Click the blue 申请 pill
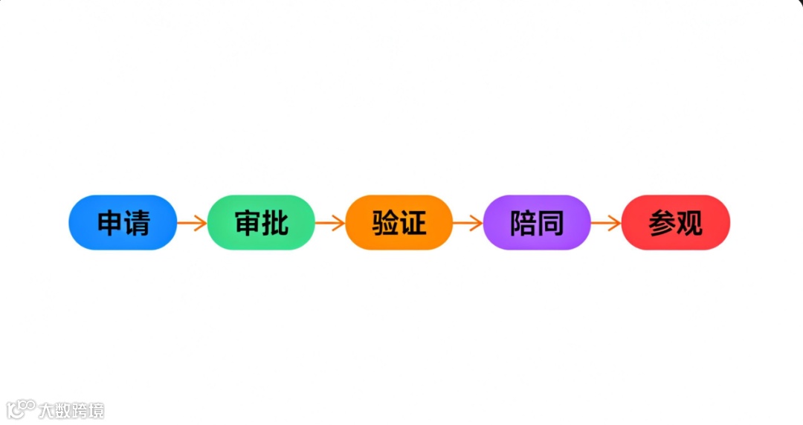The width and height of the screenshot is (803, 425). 123,222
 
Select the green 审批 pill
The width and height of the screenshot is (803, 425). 261,222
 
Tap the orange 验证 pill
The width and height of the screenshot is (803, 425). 399,222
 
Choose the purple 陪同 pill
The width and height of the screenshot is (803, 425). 537,222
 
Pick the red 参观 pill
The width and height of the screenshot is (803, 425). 675,222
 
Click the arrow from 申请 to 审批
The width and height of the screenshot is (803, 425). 192,223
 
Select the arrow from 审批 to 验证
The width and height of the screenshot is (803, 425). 330,223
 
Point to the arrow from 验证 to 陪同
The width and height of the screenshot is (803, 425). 468,223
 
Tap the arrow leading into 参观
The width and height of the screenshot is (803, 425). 606,223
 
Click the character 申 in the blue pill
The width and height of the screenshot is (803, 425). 111,223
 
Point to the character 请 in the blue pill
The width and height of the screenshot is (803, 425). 137,223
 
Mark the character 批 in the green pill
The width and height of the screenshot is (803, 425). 275,223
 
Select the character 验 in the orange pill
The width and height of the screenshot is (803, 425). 386,223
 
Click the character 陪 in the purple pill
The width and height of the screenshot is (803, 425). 523,223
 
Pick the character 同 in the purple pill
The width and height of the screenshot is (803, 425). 551,223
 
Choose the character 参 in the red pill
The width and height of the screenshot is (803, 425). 662,223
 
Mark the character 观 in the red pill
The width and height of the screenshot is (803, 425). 689,223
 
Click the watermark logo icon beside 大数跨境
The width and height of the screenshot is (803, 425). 21,409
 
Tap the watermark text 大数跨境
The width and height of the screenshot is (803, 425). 71,410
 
